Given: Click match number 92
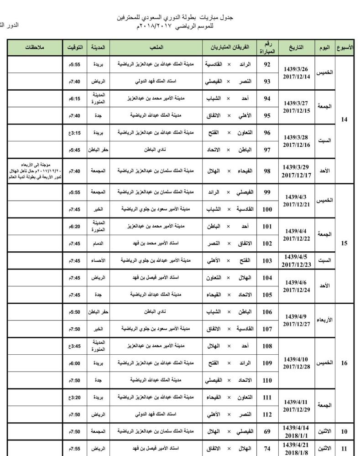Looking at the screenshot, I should coord(267,64).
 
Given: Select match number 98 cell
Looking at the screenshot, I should coord(267,171).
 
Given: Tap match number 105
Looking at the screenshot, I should coord(267,295).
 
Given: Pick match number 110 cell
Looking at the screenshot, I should coord(267,380).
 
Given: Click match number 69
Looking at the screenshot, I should coord(267,431).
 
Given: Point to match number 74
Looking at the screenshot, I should coord(267,448).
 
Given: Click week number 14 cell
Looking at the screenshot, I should coord(344,120).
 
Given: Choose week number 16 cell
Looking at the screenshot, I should coord(344,363).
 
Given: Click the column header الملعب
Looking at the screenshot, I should coord(157,48).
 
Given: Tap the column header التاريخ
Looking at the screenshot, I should coord(296,48).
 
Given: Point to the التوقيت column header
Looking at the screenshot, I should coord(75,48).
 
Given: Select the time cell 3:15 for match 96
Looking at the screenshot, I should coord(75,133).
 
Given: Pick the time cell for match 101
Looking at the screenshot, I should coord(75,226).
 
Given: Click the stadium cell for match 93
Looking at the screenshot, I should coord(157,82).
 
